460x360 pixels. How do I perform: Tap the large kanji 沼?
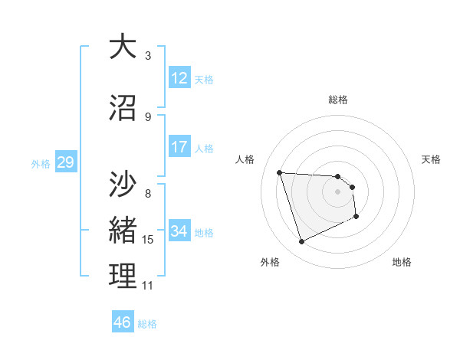click(123, 107)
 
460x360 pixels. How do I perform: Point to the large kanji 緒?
click(123, 229)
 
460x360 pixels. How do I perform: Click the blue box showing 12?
click(179, 78)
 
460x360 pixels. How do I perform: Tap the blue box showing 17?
click(179, 147)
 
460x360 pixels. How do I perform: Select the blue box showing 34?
click(179, 231)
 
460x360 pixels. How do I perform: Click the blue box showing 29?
click(65, 162)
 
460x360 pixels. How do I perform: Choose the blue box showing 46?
click(123, 322)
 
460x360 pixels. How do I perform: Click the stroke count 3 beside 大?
click(148, 55)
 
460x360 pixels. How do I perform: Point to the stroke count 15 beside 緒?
click(148, 240)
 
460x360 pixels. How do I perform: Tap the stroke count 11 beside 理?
click(148, 286)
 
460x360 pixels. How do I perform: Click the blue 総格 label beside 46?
click(147, 324)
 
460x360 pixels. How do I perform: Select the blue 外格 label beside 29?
click(41, 163)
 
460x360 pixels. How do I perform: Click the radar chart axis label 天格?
click(432, 159)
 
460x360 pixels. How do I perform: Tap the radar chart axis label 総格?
click(338, 100)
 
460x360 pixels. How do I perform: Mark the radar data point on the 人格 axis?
click(280, 172)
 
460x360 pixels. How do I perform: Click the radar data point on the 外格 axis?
click(301, 242)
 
